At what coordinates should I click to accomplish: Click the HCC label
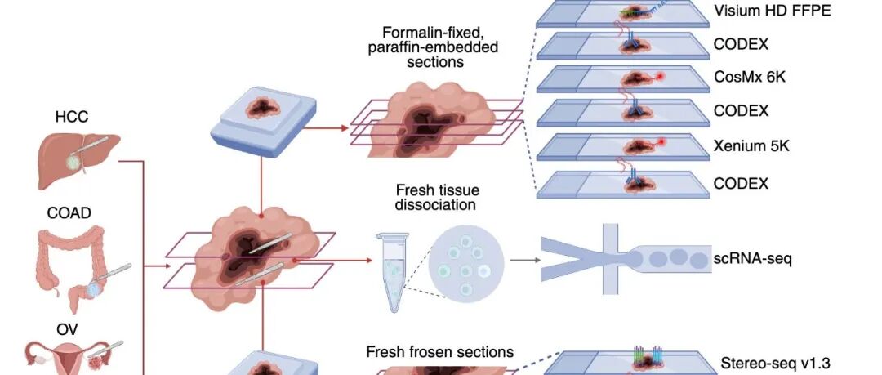71,117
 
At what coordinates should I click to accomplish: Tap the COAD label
69,213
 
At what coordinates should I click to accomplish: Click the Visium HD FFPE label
770,11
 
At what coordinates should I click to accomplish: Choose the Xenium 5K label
751,147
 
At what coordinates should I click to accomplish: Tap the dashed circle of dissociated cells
465,261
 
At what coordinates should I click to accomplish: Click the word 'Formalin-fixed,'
433,33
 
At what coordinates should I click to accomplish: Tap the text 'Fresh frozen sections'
439,352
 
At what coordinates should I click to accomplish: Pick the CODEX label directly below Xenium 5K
741,184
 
